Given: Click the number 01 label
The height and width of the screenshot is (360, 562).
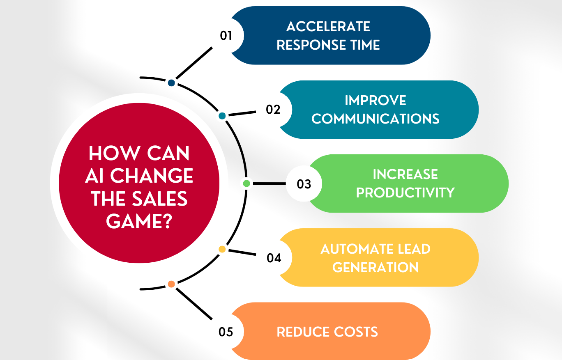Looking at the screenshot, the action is click(x=226, y=36).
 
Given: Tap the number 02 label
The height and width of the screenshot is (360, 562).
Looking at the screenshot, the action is click(x=273, y=110).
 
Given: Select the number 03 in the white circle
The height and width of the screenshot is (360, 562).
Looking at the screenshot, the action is click(x=304, y=184).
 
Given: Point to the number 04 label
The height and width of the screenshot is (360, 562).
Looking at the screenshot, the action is click(x=274, y=258).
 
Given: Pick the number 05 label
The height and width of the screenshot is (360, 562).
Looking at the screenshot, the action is click(x=226, y=332).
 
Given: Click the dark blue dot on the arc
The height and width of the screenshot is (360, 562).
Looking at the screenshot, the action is click(x=171, y=83).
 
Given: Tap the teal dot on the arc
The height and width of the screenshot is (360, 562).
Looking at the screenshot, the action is click(x=222, y=116).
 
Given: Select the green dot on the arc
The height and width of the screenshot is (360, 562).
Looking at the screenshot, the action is click(x=246, y=183).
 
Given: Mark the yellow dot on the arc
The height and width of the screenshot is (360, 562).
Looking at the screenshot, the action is click(x=222, y=249).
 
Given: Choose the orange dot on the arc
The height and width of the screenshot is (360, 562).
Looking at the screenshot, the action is click(x=171, y=284).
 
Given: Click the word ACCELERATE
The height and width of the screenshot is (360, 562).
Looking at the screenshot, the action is click(x=328, y=27).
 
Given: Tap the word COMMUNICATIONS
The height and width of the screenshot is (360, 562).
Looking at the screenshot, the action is click(x=375, y=119).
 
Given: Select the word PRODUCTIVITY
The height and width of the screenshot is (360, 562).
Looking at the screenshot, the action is click(x=405, y=193).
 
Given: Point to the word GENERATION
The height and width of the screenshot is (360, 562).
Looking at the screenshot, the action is click(x=375, y=267).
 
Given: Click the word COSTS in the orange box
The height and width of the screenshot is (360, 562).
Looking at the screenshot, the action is click(x=356, y=332).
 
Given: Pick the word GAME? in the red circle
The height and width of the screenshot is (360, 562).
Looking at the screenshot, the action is click(x=139, y=221).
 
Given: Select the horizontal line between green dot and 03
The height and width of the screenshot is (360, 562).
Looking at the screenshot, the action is click(x=269, y=184).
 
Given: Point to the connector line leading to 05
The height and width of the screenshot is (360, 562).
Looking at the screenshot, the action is click(x=194, y=304).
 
